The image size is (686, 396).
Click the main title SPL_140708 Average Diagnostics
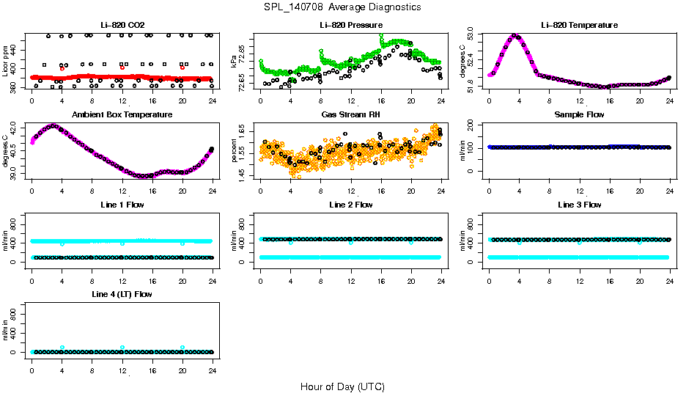click(342, 7)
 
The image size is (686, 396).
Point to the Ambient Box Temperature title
click(122, 115)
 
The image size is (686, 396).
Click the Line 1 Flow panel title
click(122, 205)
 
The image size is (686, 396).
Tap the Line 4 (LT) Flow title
click(122, 294)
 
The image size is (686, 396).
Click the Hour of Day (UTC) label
click(342, 386)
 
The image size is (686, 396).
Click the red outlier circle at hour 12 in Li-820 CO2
click(122, 67)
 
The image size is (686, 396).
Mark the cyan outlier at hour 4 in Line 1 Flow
click(62, 243)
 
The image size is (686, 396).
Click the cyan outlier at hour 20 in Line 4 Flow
click(182, 348)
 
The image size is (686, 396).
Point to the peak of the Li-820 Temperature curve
click(514, 35)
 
